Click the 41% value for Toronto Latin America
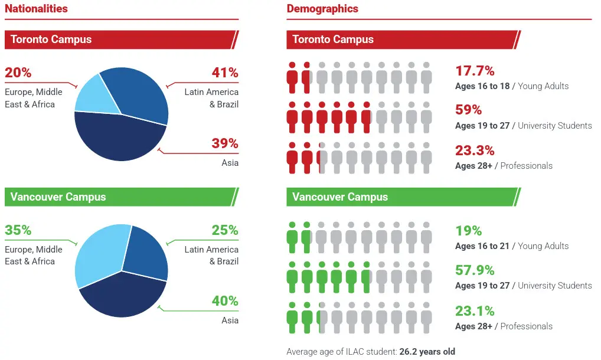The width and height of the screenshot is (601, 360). coord(225,73)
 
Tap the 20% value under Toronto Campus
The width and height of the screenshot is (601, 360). coord(18,73)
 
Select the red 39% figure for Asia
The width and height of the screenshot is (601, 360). coord(225,143)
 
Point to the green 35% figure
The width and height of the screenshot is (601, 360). coord(18,230)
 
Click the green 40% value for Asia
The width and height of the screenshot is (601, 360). coord(225,300)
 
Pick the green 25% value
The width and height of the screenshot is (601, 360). coord(225,230)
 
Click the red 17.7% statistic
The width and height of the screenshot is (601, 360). coord(475,71)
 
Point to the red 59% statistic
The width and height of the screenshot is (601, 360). coord(468,110)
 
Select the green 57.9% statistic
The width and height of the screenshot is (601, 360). coord(475,270)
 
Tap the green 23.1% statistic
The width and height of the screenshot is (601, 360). coord(475,310)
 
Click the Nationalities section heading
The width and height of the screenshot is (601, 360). coord(36,8)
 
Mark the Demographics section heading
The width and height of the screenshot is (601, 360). coord(322,8)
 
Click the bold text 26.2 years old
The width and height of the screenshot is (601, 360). coord(427,352)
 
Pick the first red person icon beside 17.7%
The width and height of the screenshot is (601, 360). coord(292,77)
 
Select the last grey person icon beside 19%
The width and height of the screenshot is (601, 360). coord(426,237)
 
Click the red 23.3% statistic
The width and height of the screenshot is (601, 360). coord(475,150)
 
